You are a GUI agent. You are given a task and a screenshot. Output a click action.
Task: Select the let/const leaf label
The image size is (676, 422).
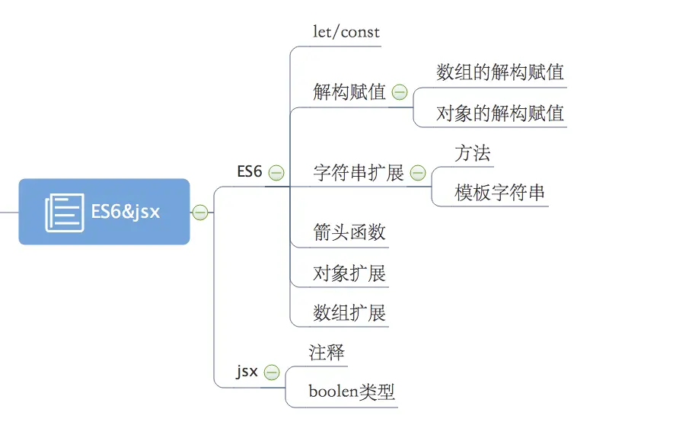click(346, 32)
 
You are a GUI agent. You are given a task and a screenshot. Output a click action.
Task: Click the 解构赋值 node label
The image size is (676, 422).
click(349, 92)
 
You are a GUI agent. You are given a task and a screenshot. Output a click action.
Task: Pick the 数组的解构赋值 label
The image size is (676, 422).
click(500, 72)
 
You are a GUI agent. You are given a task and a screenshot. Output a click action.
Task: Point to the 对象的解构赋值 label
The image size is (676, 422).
click(500, 113)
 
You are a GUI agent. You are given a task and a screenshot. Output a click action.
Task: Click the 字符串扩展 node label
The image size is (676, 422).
click(359, 173)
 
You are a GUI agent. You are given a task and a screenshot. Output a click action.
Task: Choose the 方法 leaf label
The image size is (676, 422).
click(473, 153)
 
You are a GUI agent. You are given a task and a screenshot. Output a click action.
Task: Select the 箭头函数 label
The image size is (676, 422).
click(349, 232)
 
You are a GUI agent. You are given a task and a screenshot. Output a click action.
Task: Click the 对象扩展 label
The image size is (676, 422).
click(349, 273)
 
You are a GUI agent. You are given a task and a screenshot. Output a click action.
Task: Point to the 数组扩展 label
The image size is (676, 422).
click(349, 313)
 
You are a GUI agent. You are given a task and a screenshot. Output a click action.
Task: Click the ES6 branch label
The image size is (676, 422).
click(250, 172)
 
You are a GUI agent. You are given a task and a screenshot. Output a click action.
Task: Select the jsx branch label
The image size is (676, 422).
click(247, 372)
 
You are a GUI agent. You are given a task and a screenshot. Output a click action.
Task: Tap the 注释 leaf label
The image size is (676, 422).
click(327, 353)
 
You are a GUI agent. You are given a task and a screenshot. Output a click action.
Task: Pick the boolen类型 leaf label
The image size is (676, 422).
click(352, 392)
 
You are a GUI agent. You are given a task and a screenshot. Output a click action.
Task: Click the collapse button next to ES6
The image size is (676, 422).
click(276, 173)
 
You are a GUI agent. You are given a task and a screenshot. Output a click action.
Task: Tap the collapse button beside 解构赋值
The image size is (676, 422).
click(400, 92)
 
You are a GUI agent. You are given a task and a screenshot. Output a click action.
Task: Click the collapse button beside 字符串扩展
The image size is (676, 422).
click(418, 173)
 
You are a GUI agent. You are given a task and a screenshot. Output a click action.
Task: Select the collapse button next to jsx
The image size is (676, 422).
click(272, 372)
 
